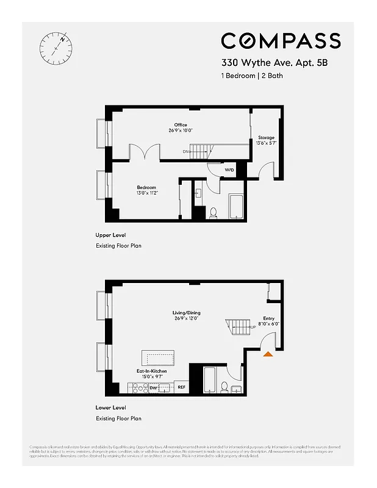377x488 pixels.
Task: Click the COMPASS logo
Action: pyautogui.click(x=281, y=41)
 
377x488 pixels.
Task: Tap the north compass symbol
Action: pyautogui.click(x=55, y=46)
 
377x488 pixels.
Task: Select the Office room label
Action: pyautogui.click(x=180, y=125)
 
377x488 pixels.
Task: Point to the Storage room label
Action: pyautogui.click(x=266, y=138)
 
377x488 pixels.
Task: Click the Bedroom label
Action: pyautogui.click(x=146, y=187)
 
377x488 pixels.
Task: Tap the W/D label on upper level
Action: pyautogui.click(x=229, y=170)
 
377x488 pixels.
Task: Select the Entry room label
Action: pyautogui.click(x=268, y=318)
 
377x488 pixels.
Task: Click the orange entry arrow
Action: pyautogui.click(x=267, y=353)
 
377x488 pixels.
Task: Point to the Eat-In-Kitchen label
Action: pyautogui.click(x=152, y=371)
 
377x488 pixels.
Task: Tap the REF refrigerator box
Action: pyautogui.click(x=181, y=387)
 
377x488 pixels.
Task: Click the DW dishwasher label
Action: pyautogui.click(x=154, y=387)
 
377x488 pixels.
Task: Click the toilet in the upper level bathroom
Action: pyautogui.click(x=214, y=213)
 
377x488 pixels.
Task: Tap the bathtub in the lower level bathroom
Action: pyautogui.click(x=209, y=379)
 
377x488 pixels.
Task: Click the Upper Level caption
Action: pyautogui.click(x=111, y=235)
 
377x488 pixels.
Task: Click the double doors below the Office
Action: pyautogui.click(x=145, y=152)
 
